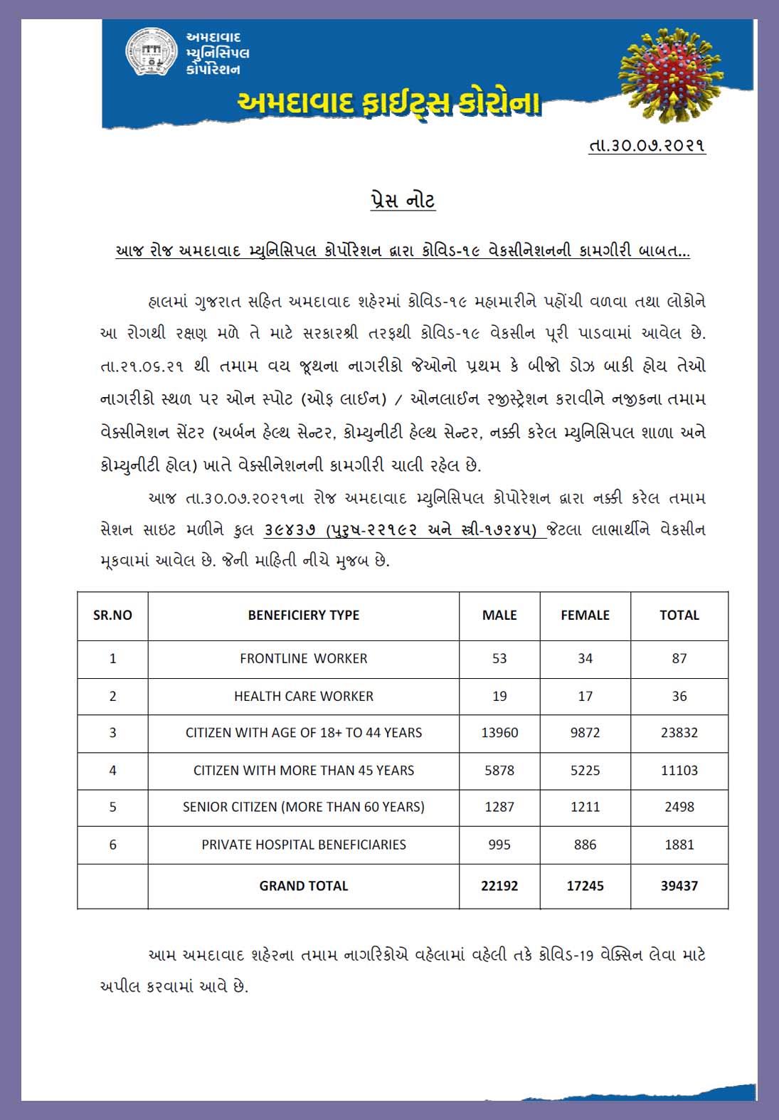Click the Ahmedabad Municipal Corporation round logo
coord(151,52)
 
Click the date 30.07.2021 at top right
coord(647,145)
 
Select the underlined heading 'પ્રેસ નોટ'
coord(403,201)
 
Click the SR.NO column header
coord(112,616)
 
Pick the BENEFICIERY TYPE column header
coord(304,616)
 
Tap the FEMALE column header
coord(585,616)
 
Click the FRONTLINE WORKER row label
coord(304,659)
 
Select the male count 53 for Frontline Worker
coord(499,659)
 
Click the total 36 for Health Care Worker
coord(679,697)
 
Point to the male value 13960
coord(499,733)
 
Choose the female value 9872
coord(585,733)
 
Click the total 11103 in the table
coord(679,771)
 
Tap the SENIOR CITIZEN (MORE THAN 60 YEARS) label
coord(304,808)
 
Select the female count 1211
coord(585,808)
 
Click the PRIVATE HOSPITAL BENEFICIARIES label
coord(304,845)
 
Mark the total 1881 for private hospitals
coord(679,845)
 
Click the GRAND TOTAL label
coord(304,887)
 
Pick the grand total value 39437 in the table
coord(679,887)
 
